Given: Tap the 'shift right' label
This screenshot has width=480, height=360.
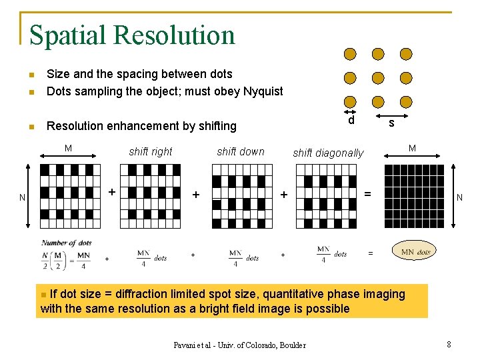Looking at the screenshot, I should (x=151, y=151).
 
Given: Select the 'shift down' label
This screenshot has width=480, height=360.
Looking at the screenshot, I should (x=241, y=151).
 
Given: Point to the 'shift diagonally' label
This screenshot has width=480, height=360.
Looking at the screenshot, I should (x=329, y=153).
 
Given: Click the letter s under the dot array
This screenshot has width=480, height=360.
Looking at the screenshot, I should (x=391, y=123).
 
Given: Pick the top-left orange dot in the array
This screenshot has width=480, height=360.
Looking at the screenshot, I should (x=350, y=54).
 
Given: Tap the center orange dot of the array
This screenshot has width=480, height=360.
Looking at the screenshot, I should (x=378, y=78).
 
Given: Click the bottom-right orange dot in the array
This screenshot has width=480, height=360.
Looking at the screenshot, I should (x=406, y=101).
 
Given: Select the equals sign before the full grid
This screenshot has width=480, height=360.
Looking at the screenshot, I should (x=367, y=194).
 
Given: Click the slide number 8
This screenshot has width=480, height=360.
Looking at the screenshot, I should (x=449, y=345).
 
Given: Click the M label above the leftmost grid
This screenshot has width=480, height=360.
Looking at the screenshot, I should (x=68, y=148).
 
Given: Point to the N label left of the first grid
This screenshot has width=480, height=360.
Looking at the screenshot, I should (x=23, y=198).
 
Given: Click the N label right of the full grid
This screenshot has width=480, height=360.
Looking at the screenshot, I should (x=459, y=197).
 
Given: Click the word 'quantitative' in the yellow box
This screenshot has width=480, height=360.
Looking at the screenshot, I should (x=295, y=294).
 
